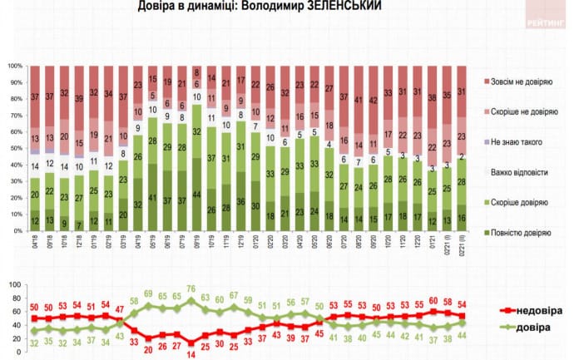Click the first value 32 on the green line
pyautogui.click(x=34, y=342)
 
